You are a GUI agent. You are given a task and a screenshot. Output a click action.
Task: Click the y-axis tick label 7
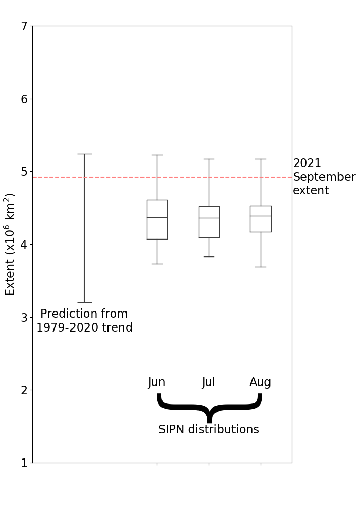tap(24, 26)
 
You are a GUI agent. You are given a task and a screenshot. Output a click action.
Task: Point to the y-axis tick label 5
tap(24, 172)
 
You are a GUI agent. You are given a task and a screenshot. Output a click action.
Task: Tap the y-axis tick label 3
tap(24, 317)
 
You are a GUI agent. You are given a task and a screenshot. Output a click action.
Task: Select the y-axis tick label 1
tap(24, 463)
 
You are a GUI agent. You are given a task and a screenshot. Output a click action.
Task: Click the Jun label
tap(157, 382)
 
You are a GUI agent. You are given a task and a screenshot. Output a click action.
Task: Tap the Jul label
tap(209, 382)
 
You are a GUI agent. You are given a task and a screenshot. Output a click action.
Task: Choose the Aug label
tap(260, 382)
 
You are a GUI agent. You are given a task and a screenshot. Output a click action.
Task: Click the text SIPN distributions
tap(209, 430)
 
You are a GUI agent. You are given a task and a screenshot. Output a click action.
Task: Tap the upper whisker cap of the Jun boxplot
tap(157, 155)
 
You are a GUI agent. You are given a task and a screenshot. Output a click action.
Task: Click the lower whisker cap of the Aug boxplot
tap(261, 267)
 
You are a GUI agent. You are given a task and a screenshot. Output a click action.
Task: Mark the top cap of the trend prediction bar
tap(84, 154)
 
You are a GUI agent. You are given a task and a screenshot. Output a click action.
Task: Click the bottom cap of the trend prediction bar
tap(84, 302)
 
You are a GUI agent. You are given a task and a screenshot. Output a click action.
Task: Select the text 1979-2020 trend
tap(84, 327)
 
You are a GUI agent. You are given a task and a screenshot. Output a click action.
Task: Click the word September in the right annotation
tap(324, 177)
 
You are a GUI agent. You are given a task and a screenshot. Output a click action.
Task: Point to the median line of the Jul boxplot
tap(209, 218)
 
